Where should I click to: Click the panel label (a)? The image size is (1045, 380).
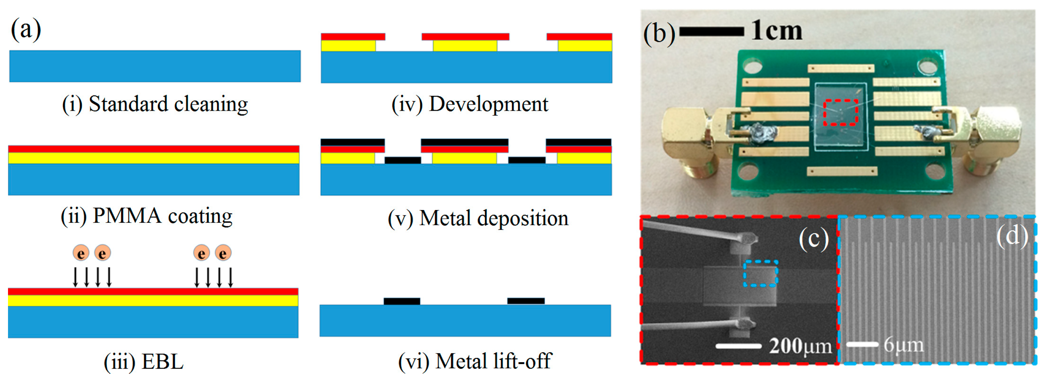25,29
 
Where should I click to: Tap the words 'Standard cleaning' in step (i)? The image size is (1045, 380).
168,104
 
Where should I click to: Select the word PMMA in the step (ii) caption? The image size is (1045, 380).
127,215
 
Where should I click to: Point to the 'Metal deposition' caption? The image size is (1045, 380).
478,218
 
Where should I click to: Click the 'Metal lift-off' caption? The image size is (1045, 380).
474,361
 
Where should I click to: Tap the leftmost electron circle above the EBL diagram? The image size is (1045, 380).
81,253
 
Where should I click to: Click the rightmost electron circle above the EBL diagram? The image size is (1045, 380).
223,253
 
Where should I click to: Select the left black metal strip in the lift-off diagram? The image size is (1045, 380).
402,301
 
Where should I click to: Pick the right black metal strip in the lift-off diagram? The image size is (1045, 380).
526,301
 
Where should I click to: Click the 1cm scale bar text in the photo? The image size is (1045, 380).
776,31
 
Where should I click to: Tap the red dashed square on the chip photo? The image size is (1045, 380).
841,112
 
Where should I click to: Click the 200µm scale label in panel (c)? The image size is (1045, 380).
800,346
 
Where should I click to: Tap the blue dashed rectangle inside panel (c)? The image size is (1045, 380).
760,274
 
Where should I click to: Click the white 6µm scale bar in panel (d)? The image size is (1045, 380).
862,344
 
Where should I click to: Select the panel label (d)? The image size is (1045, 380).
1013,236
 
